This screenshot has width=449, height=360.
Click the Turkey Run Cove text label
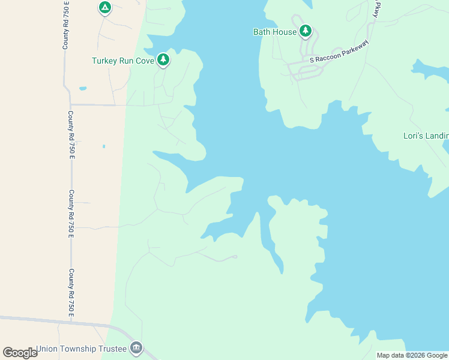123,61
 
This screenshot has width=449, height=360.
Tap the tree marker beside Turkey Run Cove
163,59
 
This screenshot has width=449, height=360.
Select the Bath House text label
275,32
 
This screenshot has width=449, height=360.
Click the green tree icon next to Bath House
306,31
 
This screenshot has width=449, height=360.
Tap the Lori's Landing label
426,136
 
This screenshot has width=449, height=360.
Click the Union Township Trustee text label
81,349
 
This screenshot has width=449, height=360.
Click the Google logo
20,353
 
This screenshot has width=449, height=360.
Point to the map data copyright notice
412,355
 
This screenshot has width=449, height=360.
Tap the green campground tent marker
105,8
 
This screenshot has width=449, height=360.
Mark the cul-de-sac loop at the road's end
235,257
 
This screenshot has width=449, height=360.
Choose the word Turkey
104,61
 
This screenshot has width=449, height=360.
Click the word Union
47,349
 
